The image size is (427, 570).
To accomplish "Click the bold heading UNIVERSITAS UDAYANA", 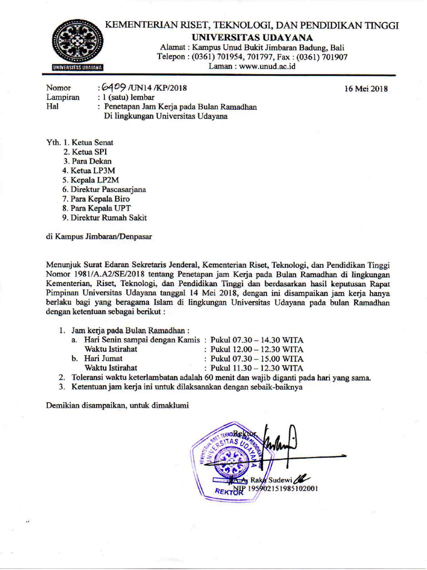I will tap(252, 37).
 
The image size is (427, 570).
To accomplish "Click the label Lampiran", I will tap(62, 97).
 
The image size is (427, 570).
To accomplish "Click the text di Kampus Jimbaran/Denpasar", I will tap(99, 236).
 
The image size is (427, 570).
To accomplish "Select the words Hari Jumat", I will tap(103, 358).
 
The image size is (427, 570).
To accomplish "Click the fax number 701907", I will tap(334, 56).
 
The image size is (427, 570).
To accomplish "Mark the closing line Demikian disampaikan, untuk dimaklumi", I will tap(117, 405).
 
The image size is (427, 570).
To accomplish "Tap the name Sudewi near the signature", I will tap(280, 479).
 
